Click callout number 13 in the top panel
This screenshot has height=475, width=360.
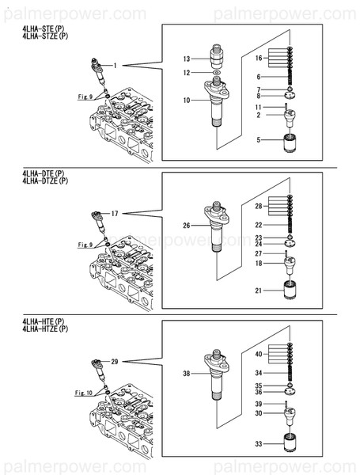pyautogui.click(x=187, y=59)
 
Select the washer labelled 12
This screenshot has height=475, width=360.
pyautogui.click(x=217, y=73)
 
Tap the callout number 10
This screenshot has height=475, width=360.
pyautogui.click(x=187, y=101)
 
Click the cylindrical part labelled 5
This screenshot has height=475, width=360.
pyautogui.click(x=291, y=143)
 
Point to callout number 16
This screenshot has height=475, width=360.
pyautogui.click(x=259, y=58)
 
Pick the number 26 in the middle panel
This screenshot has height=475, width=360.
pyautogui.click(x=187, y=226)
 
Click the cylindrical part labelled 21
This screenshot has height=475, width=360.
pyautogui.click(x=291, y=290)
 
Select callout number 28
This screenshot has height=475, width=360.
pyautogui.click(x=259, y=207)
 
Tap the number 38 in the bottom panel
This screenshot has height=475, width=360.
pyautogui.click(x=187, y=374)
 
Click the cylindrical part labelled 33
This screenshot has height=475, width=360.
pyautogui.click(x=291, y=443)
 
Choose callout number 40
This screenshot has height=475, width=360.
pyautogui.click(x=259, y=354)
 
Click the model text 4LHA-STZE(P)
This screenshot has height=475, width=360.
pyautogui.click(x=45, y=36)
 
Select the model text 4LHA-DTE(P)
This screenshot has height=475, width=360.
pyautogui.click(x=44, y=173)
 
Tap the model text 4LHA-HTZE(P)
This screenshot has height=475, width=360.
pyautogui.click(x=45, y=329)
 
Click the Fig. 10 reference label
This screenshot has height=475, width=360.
pyautogui.click(x=84, y=393)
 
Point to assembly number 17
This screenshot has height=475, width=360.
pyautogui.click(x=115, y=214)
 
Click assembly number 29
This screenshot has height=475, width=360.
pyautogui.click(x=115, y=362)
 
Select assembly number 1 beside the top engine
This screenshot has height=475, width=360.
pyautogui.click(x=115, y=66)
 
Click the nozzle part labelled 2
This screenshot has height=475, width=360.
pyautogui.click(x=290, y=119)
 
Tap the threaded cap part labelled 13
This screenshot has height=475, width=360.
pyautogui.click(x=217, y=56)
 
